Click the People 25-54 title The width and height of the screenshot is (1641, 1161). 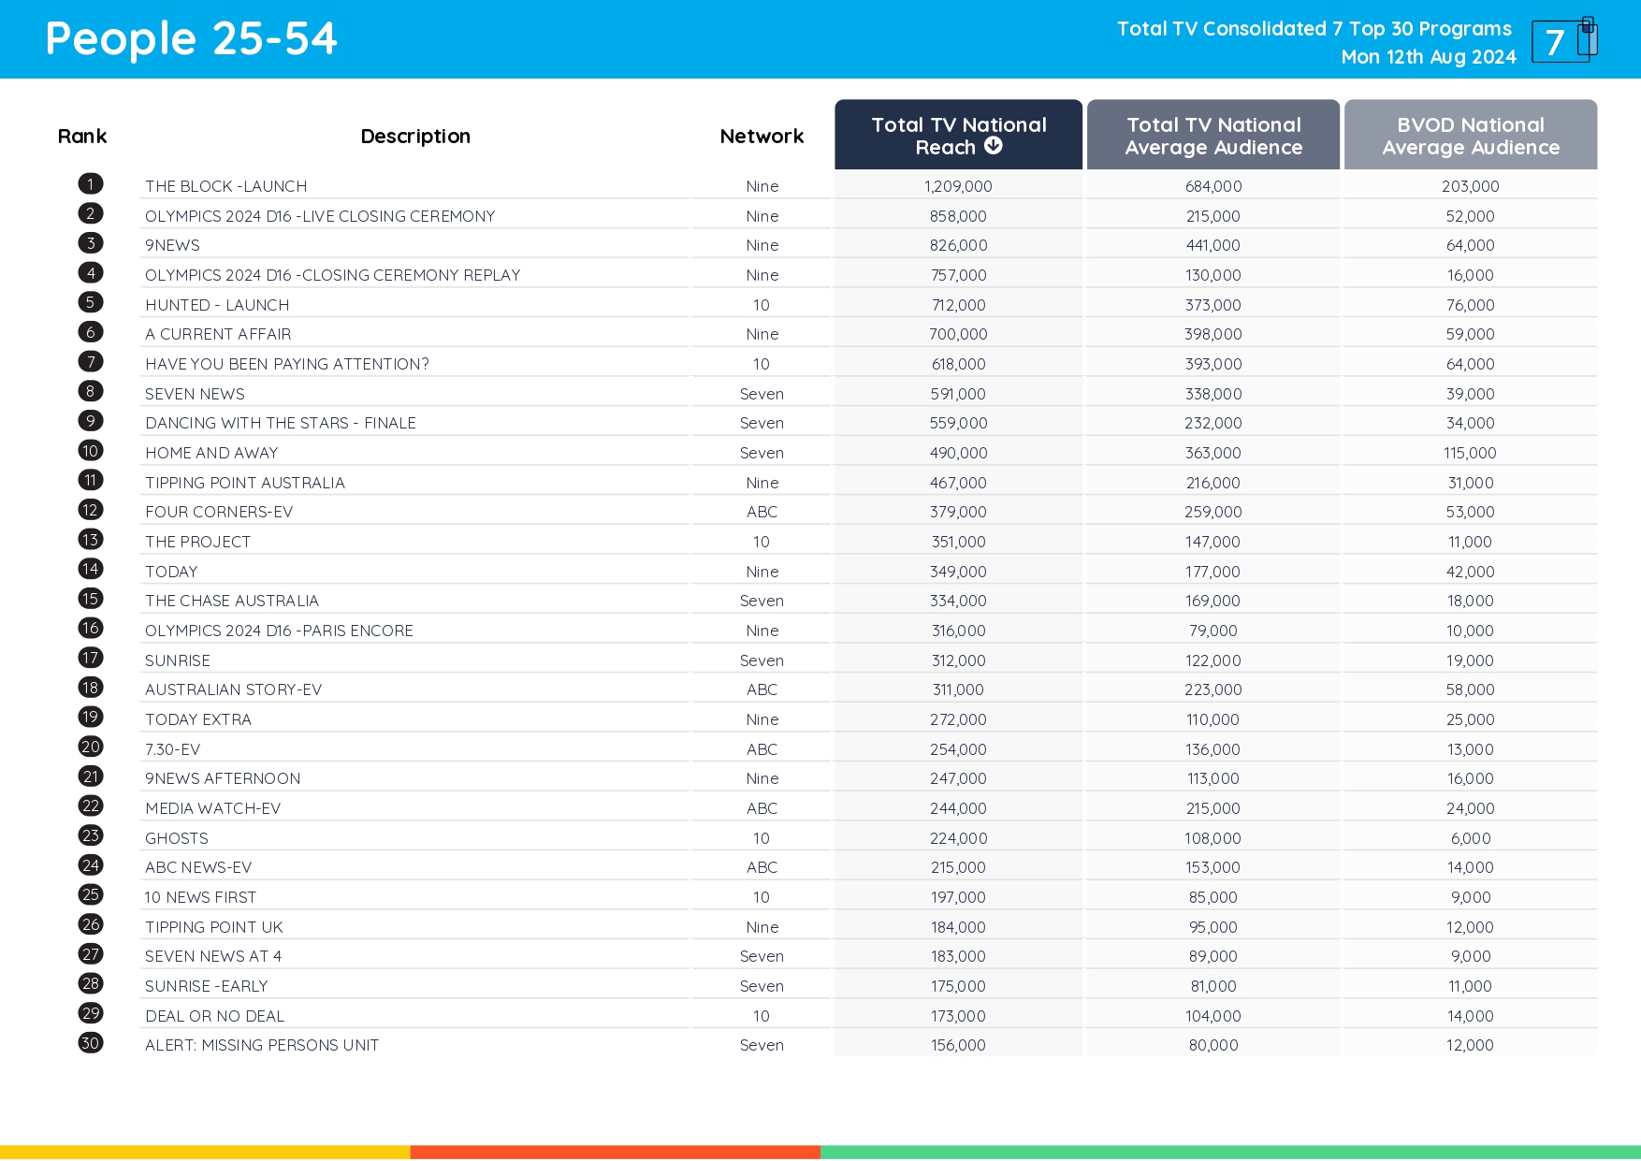tap(191, 39)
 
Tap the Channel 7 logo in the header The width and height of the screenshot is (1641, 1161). tap(1563, 40)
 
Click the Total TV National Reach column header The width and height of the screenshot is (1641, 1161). tap(958, 136)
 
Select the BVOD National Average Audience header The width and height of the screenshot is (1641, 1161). tap(1470, 136)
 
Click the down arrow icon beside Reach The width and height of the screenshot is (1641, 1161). tap(994, 146)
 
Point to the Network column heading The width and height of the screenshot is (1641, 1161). tap(762, 137)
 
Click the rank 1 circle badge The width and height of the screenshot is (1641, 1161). tap(91, 184)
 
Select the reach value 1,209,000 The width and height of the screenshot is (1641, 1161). tap(958, 186)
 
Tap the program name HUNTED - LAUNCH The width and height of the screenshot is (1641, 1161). tap(217, 305)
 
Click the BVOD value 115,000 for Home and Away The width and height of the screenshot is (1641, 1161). tap(1469, 453)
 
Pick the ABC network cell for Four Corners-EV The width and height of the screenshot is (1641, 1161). tap(762, 512)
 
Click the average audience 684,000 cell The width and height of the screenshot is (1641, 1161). tap(1213, 186)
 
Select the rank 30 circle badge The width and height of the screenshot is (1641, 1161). tap(91, 1043)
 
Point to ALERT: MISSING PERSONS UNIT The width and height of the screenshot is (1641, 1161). tap(262, 1045)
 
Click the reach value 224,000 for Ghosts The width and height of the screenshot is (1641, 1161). tap(958, 838)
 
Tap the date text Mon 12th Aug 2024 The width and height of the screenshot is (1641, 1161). tap(1428, 57)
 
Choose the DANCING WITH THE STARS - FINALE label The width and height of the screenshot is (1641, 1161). tap(281, 423)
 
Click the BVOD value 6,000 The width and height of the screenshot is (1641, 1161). tap(1470, 838)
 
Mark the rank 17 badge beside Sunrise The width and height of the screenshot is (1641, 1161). tap(91, 659)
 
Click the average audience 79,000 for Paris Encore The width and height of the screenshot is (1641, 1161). tap(1213, 631)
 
